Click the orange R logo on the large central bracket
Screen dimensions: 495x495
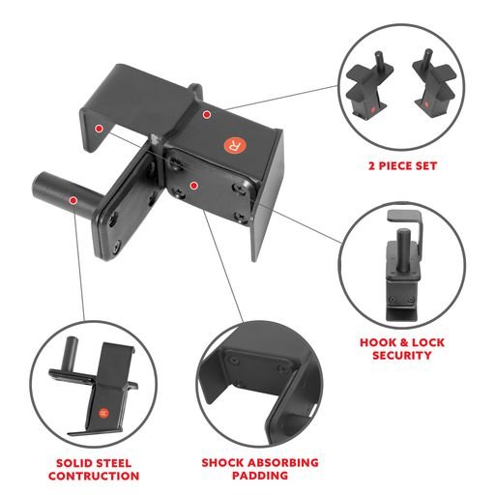pyautogui.click(x=232, y=145)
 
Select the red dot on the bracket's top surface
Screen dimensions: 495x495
pyautogui.click(x=206, y=114)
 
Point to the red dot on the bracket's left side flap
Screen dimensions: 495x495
pyautogui.click(x=99, y=128)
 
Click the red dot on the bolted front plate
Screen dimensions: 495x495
pyautogui.click(x=193, y=184)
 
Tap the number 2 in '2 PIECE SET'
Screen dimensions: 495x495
pyautogui.click(x=361, y=166)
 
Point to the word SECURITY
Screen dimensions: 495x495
pyautogui.click(x=401, y=356)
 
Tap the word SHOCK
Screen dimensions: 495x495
pyautogui.click(x=224, y=463)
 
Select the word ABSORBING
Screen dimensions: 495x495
pyautogui.click(x=284, y=463)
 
